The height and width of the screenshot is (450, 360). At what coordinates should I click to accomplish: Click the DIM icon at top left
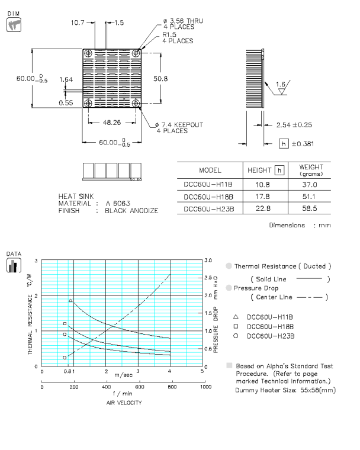coord(12,24)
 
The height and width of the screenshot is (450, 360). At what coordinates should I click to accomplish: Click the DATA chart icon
coord(12,265)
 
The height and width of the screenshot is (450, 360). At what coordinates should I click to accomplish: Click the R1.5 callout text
coord(169,35)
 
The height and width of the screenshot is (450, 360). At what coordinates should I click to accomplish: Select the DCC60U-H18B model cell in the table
coord(209,196)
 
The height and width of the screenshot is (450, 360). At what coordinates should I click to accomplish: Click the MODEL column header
coord(210,171)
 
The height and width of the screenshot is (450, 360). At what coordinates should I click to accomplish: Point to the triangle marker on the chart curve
coord(71,301)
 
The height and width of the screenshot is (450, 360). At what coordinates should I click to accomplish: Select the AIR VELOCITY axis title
coord(123,402)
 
